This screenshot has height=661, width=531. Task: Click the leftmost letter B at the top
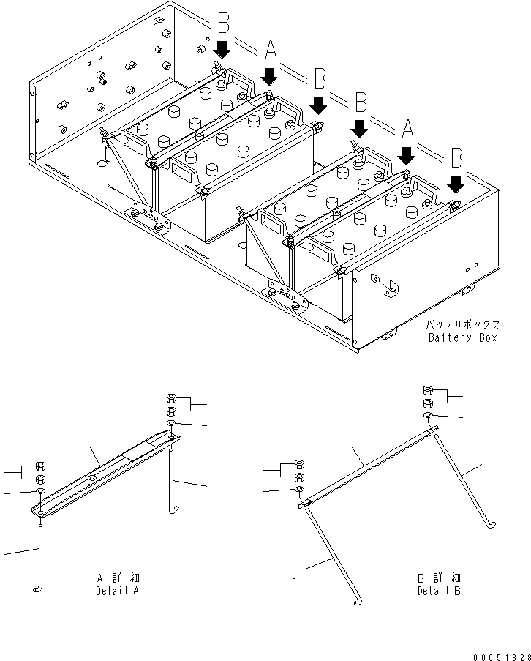[222, 25]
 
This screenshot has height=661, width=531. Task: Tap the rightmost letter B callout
[456, 157]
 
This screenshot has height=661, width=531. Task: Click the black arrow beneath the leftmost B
[222, 49]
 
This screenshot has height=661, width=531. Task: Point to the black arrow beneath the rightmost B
[456, 182]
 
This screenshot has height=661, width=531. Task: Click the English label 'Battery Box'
[462, 337]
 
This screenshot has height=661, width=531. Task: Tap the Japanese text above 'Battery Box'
[462, 324]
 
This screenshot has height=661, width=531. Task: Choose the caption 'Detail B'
[439, 591]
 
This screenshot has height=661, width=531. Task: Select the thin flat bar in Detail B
[366, 468]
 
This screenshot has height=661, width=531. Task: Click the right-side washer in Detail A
[170, 424]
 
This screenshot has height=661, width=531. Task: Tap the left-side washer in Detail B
[299, 488]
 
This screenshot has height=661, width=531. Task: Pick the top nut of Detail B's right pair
[429, 391]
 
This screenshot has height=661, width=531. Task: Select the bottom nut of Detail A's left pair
[42, 479]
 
